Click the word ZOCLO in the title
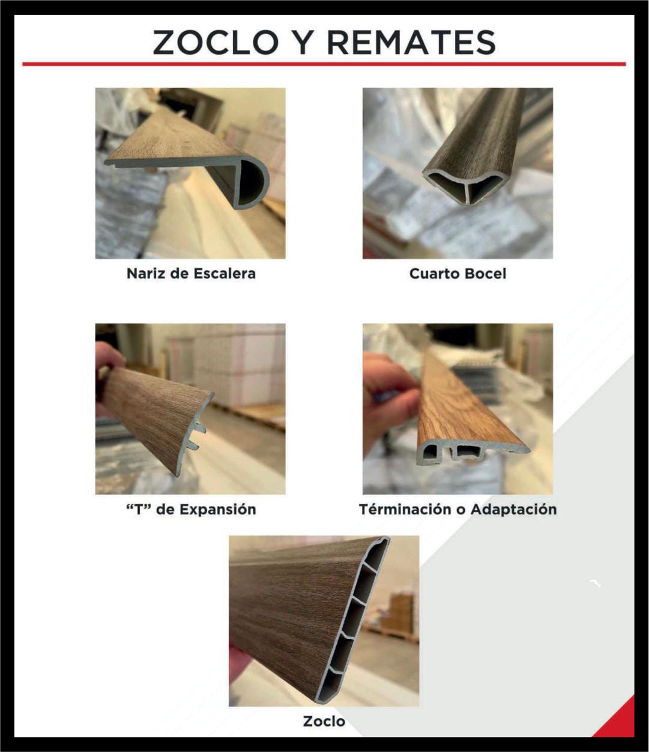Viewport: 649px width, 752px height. click(x=216, y=42)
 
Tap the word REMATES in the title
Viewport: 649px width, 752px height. click(x=412, y=42)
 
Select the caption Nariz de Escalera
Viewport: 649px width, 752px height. click(x=191, y=273)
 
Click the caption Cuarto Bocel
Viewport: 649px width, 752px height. click(x=457, y=273)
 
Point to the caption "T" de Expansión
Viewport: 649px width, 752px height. click(x=191, y=509)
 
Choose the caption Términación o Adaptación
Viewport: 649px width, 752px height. click(x=457, y=509)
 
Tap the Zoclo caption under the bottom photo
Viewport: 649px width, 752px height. click(x=324, y=721)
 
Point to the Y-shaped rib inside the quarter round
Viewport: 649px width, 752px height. click(x=466, y=189)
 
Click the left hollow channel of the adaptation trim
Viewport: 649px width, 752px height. click(x=430, y=452)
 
